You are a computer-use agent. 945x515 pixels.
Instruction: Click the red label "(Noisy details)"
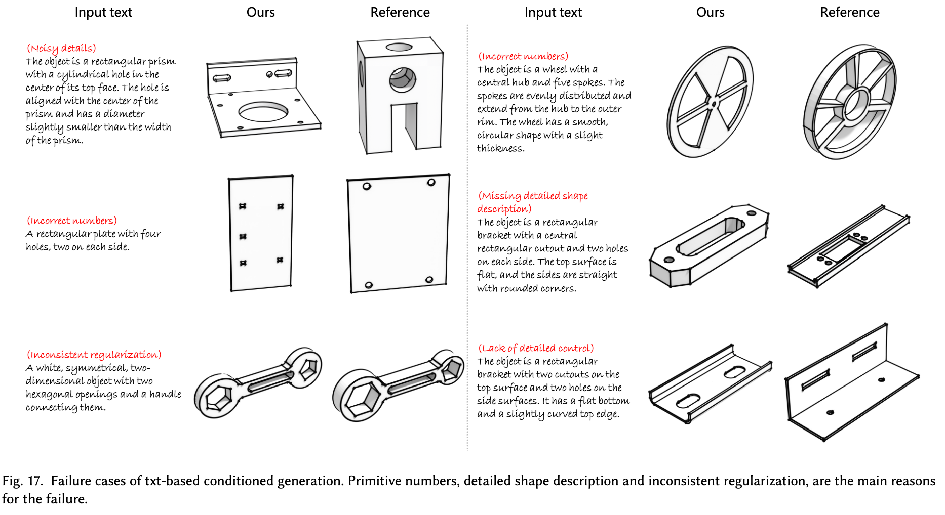(61, 48)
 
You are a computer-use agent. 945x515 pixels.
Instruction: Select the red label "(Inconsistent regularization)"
(94, 355)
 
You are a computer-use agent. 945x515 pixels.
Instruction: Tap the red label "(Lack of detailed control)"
(536, 348)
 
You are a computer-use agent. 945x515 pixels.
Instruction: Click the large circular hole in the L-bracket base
(263, 111)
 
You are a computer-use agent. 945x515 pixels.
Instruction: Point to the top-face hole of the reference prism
(399, 48)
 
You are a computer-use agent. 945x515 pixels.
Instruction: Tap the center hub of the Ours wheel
(714, 104)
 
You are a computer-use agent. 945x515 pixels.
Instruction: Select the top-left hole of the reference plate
(367, 186)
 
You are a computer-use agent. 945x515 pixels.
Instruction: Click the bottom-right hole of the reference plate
(429, 279)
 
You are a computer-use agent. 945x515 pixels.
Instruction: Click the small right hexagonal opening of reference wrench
(450, 369)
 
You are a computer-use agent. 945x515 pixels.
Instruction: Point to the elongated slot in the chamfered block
(710, 236)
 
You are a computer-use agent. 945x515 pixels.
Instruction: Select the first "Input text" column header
(103, 12)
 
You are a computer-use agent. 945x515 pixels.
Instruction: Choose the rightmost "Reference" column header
(849, 12)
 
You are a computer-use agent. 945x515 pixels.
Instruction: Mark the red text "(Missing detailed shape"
(533, 196)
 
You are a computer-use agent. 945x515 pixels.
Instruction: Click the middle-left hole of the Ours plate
(243, 236)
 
